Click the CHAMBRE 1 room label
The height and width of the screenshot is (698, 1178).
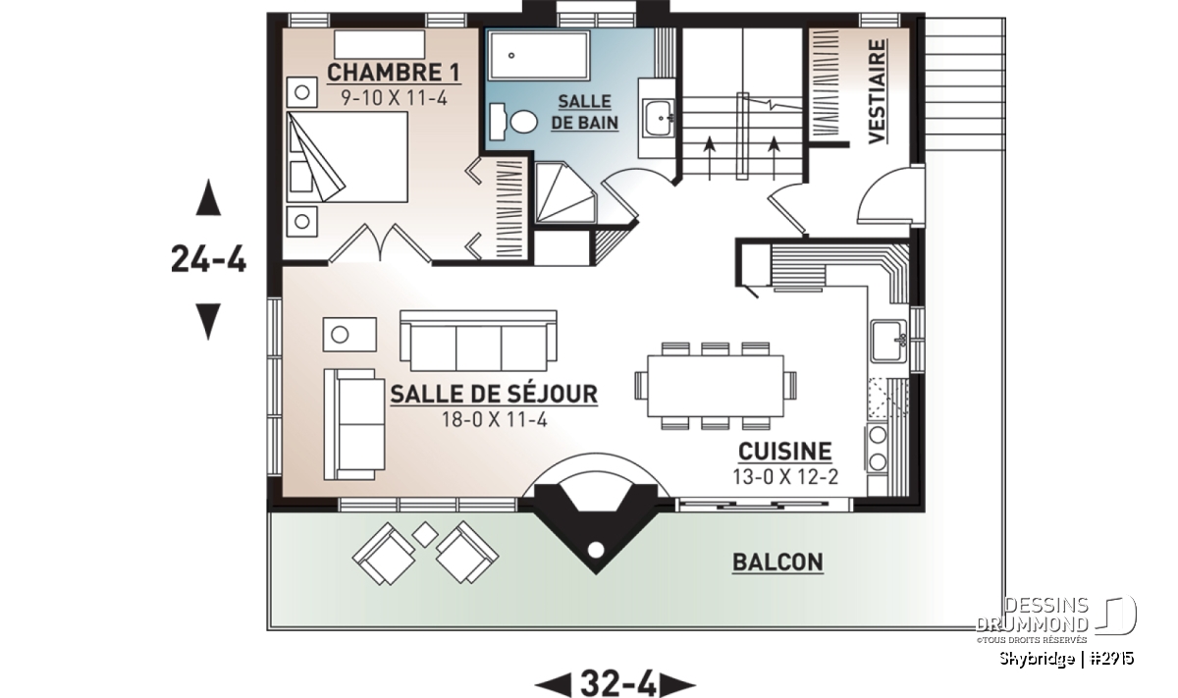tap(394, 73)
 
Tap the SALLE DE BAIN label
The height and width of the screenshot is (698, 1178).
tap(584, 112)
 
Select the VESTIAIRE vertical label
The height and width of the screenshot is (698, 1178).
tap(877, 91)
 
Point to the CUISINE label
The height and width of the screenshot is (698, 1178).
tap(784, 452)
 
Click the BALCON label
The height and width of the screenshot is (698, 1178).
tap(777, 563)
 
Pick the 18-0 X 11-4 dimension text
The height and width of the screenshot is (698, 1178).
tap(495, 420)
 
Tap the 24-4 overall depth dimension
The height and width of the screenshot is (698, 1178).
tap(209, 259)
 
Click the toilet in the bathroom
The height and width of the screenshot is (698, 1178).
tap(513, 122)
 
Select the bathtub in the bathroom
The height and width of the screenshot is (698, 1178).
tap(539, 55)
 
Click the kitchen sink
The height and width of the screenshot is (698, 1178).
tap(888, 341)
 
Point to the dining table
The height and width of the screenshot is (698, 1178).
tap(716, 386)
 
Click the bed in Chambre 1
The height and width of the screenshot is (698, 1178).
tap(348, 157)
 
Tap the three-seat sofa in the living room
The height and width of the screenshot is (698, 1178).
tap(478, 341)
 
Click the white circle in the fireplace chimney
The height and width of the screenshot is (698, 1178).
tap(595, 550)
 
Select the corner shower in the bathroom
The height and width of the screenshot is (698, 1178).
tap(565, 192)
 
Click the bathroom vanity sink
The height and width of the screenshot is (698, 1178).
tap(658, 119)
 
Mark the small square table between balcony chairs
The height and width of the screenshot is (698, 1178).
tap(425, 534)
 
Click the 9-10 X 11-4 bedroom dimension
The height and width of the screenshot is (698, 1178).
tap(394, 98)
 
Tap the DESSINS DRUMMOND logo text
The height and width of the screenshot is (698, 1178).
tap(1032, 615)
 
